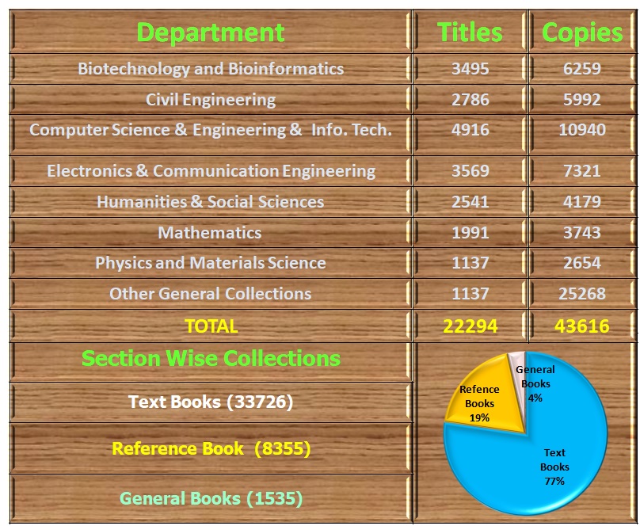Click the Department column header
[x=210, y=32]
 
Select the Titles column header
[x=470, y=32]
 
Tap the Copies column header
[x=582, y=32]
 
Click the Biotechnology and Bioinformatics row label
[x=211, y=69]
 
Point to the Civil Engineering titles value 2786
[x=470, y=100]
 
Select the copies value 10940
[x=582, y=130]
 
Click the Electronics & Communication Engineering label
[x=211, y=171]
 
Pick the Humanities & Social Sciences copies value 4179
[x=582, y=202]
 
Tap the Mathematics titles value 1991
[x=470, y=233]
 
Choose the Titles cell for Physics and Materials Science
[x=470, y=263]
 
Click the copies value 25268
[x=582, y=294]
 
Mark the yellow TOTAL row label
[x=211, y=326]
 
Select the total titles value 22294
[x=470, y=326]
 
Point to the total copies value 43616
[x=582, y=326]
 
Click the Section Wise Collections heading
[x=211, y=358]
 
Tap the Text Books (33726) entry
[x=211, y=402]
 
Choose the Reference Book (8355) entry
[x=211, y=449]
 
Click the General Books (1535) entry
[x=211, y=498]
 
